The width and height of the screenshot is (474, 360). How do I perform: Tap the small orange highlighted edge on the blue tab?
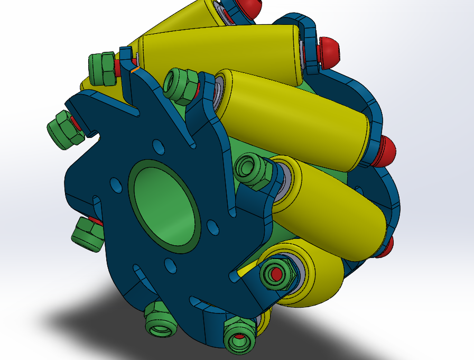(135, 69)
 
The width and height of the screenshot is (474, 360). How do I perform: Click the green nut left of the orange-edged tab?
(102, 68)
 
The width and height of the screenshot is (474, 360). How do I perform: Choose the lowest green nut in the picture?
(239, 336)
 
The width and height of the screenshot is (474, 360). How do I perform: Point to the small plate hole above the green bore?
(157, 144)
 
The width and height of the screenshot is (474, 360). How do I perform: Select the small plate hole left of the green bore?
(114, 184)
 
